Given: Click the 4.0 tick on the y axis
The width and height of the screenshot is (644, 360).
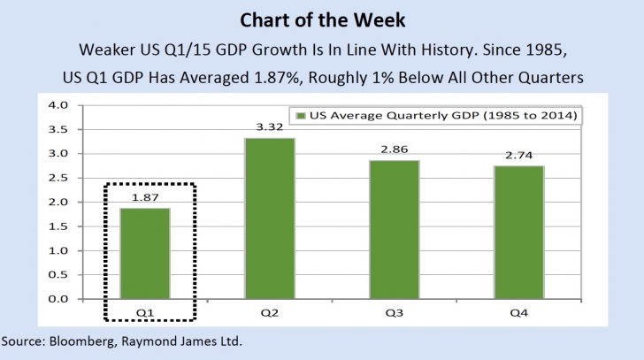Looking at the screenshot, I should (x=57, y=105).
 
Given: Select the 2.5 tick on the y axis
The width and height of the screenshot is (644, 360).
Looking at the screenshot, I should (x=57, y=178).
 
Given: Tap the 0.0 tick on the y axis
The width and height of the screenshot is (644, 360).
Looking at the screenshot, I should (x=57, y=299).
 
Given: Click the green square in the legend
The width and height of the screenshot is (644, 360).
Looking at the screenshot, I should (x=301, y=116).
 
